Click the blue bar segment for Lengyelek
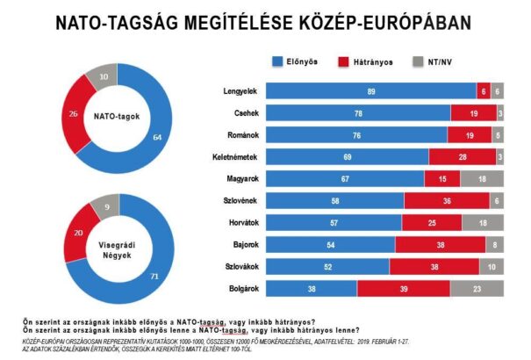[371, 90]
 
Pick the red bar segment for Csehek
[474, 112]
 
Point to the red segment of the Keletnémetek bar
[463, 156]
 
